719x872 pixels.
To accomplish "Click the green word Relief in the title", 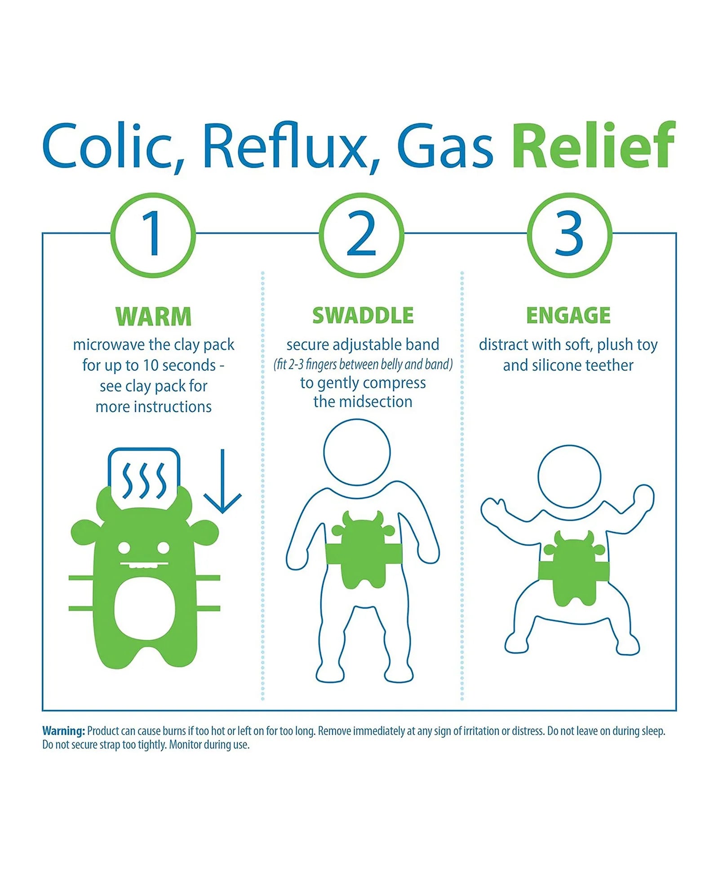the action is tap(594, 145).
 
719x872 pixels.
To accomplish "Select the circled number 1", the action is tap(153, 235).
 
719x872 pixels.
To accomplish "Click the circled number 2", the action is tap(361, 235).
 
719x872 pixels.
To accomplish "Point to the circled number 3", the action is tap(569, 235).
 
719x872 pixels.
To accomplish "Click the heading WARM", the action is tap(154, 316).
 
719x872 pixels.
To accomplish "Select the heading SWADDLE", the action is tap(363, 316).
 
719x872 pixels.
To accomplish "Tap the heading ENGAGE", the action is tap(568, 315).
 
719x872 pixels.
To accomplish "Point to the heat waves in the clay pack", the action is tap(144, 481).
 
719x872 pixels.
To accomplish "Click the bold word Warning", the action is tap(63, 731).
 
